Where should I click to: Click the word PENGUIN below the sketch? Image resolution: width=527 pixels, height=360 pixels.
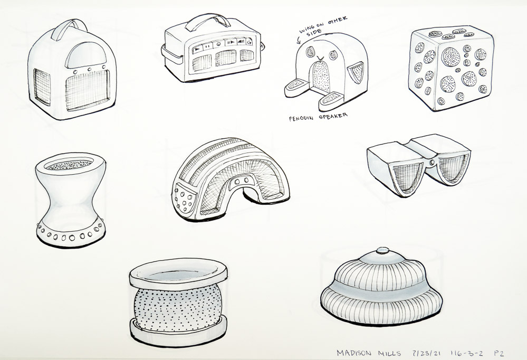pyautogui.click(x=301, y=118)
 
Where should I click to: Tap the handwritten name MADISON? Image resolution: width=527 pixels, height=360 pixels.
pyautogui.click(x=354, y=353)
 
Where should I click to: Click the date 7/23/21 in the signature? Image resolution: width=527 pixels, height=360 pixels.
pyautogui.click(x=427, y=353)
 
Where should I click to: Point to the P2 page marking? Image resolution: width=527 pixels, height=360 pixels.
pyautogui.click(x=499, y=353)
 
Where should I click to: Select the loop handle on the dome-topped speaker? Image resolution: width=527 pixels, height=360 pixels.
pyautogui.click(x=69, y=24)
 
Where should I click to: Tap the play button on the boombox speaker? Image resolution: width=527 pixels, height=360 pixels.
pyautogui.click(x=197, y=50)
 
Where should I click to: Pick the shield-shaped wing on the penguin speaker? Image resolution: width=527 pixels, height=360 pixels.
pyautogui.click(x=356, y=72)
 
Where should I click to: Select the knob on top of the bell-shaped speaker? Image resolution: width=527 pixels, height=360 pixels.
pyautogui.click(x=382, y=250)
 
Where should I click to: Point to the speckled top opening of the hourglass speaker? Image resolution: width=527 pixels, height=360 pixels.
pyautogui.click(x=69, y=164)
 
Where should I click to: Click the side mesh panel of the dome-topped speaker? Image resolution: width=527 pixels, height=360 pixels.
pyautogui.click(x=42, y=87)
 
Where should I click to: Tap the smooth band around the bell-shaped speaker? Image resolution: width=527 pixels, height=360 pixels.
pyautogui.click(x=380, y=290)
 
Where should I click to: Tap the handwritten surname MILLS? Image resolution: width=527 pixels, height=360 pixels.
pyautogui.click(x=390, y=353)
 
